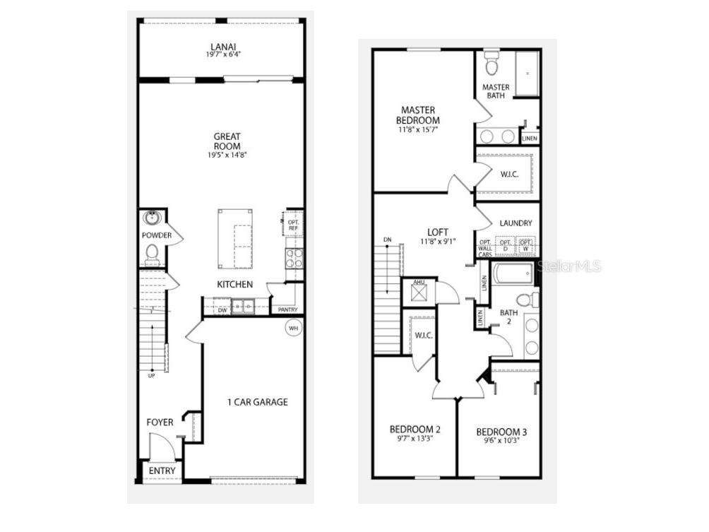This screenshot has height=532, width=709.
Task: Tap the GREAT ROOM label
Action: click(227, 141)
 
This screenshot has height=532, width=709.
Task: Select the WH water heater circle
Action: click(293, 328)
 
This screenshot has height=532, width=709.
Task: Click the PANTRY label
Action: click(288, 309)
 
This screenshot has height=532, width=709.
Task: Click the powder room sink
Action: click(151, 218)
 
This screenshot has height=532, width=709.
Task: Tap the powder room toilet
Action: click(151, 252)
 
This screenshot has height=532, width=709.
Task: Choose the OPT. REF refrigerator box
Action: click(294, 224)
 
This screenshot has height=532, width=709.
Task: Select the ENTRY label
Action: click(162, 471)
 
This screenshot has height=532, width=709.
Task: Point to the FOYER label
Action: click(160, 422)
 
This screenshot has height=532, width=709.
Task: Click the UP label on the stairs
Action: click(151, 375)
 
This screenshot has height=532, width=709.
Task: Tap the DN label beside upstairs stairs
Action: click(386, 239)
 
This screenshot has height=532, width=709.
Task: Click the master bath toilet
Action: click(492, 65)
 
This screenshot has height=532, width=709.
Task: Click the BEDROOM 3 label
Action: click(501, 432)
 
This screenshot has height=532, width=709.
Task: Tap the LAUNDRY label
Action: click(516, 223)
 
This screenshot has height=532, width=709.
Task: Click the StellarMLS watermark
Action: click(569, 266)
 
